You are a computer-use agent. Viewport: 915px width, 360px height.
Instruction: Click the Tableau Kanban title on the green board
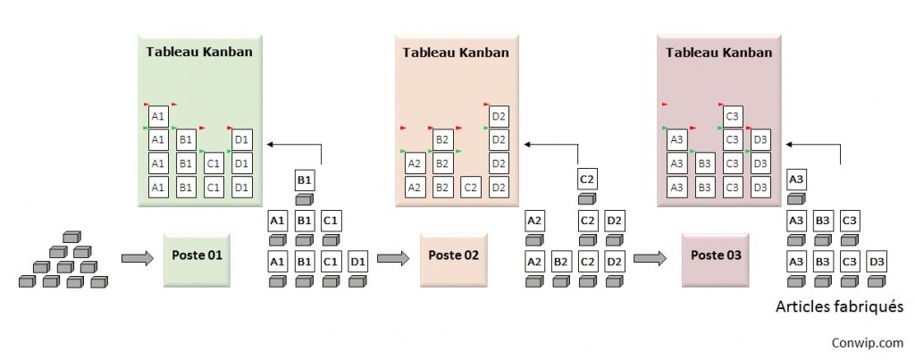(198, 52)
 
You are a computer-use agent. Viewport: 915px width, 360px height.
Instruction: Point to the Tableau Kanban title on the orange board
(456, 52)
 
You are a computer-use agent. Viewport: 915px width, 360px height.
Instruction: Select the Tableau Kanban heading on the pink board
(718, 52)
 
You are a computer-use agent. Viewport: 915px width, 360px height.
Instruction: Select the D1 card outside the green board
(357, 262)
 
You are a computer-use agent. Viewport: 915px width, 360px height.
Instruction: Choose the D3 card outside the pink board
(877, 262)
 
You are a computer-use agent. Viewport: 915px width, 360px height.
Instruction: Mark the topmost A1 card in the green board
(158, 116)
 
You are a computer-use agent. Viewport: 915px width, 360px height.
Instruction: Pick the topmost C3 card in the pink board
(733, 116)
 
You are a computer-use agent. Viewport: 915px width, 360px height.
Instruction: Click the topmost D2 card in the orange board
(499, 116)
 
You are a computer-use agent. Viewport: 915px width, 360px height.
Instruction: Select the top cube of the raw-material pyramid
(71, 238)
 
